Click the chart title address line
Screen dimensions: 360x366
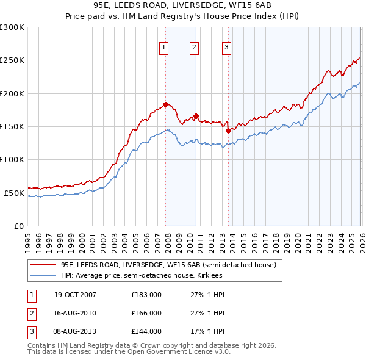click(182, 5)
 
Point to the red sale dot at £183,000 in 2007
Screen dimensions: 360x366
click(165, 105)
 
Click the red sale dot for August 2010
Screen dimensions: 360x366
click(196, 116)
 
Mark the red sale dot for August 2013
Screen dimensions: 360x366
click(228, 130)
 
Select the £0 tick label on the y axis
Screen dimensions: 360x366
click(18, 226)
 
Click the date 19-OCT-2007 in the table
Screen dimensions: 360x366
click(75, 295)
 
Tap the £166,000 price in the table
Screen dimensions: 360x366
click(146, 313)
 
